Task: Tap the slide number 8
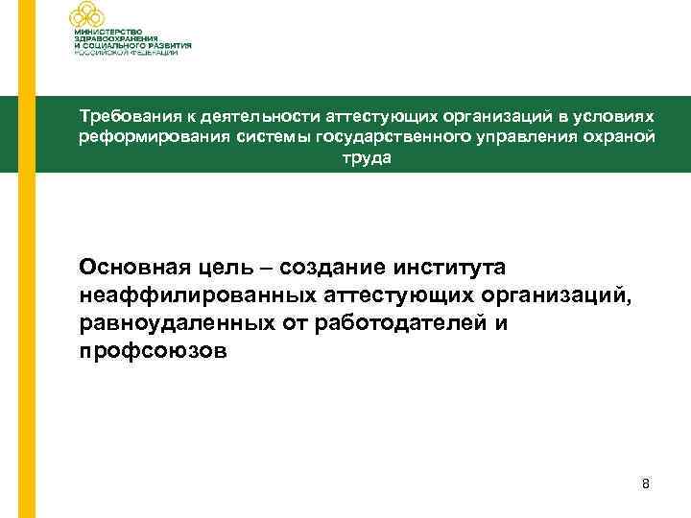click(x=646, y=484)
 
